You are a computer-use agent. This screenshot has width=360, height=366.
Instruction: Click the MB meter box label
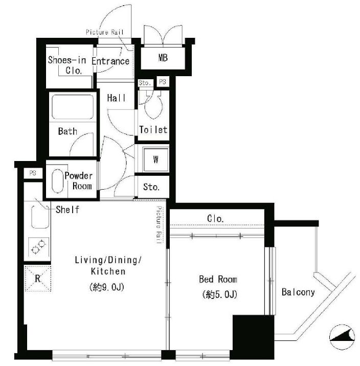click(163, 58)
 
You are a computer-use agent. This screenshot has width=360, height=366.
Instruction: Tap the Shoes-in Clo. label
click(67, 65)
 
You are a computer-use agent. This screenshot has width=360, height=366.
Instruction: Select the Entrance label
click(110, 61)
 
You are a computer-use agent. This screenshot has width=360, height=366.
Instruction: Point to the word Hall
click(116, 98)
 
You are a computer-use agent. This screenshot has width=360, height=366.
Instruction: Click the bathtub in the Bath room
click(73, 107)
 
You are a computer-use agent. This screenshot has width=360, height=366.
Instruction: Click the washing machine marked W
click(156, 159)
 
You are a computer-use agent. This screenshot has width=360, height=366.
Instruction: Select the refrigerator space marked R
click(38, 279)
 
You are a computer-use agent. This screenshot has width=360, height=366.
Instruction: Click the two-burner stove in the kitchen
click(39, 247)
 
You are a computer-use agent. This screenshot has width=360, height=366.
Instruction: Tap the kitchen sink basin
click(40, 217)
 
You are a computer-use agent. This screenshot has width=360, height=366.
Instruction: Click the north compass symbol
click(342, 337)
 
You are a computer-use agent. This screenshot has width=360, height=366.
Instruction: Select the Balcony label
click(298, 292)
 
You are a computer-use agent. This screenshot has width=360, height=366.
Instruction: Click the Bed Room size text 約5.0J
click(220, 294)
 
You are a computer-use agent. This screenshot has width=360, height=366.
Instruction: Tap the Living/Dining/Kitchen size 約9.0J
click(107, 287)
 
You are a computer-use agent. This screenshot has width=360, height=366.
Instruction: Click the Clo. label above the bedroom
click(215, 218)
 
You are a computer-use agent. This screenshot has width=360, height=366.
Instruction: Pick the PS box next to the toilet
click(163, 82)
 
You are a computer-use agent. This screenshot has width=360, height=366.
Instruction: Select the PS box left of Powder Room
click(33, 173)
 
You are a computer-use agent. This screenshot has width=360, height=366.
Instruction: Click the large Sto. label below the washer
click(151, 187)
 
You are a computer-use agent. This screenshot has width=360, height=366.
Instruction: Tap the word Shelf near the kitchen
click(67, 210)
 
